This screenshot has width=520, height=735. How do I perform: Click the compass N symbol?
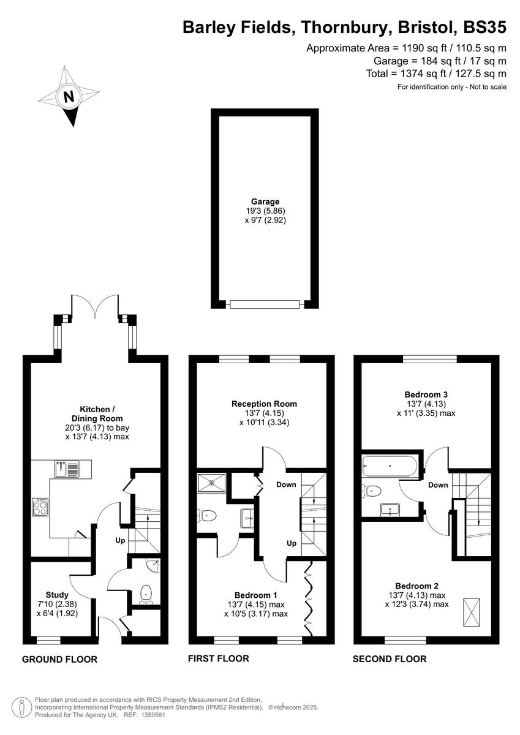69,96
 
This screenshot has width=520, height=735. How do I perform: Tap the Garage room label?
265,201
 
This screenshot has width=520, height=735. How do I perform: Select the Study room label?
57,594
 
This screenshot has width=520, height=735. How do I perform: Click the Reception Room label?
264,404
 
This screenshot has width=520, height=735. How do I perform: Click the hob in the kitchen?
40,507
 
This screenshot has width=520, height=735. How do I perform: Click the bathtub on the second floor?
390,467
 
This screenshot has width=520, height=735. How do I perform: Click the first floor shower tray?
211,482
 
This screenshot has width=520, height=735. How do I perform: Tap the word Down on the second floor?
438,484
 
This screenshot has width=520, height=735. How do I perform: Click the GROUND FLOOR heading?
59,660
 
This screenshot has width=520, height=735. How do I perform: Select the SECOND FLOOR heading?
390,659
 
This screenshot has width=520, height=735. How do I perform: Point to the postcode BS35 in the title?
485,27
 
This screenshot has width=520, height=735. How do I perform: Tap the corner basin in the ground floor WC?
153,565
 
